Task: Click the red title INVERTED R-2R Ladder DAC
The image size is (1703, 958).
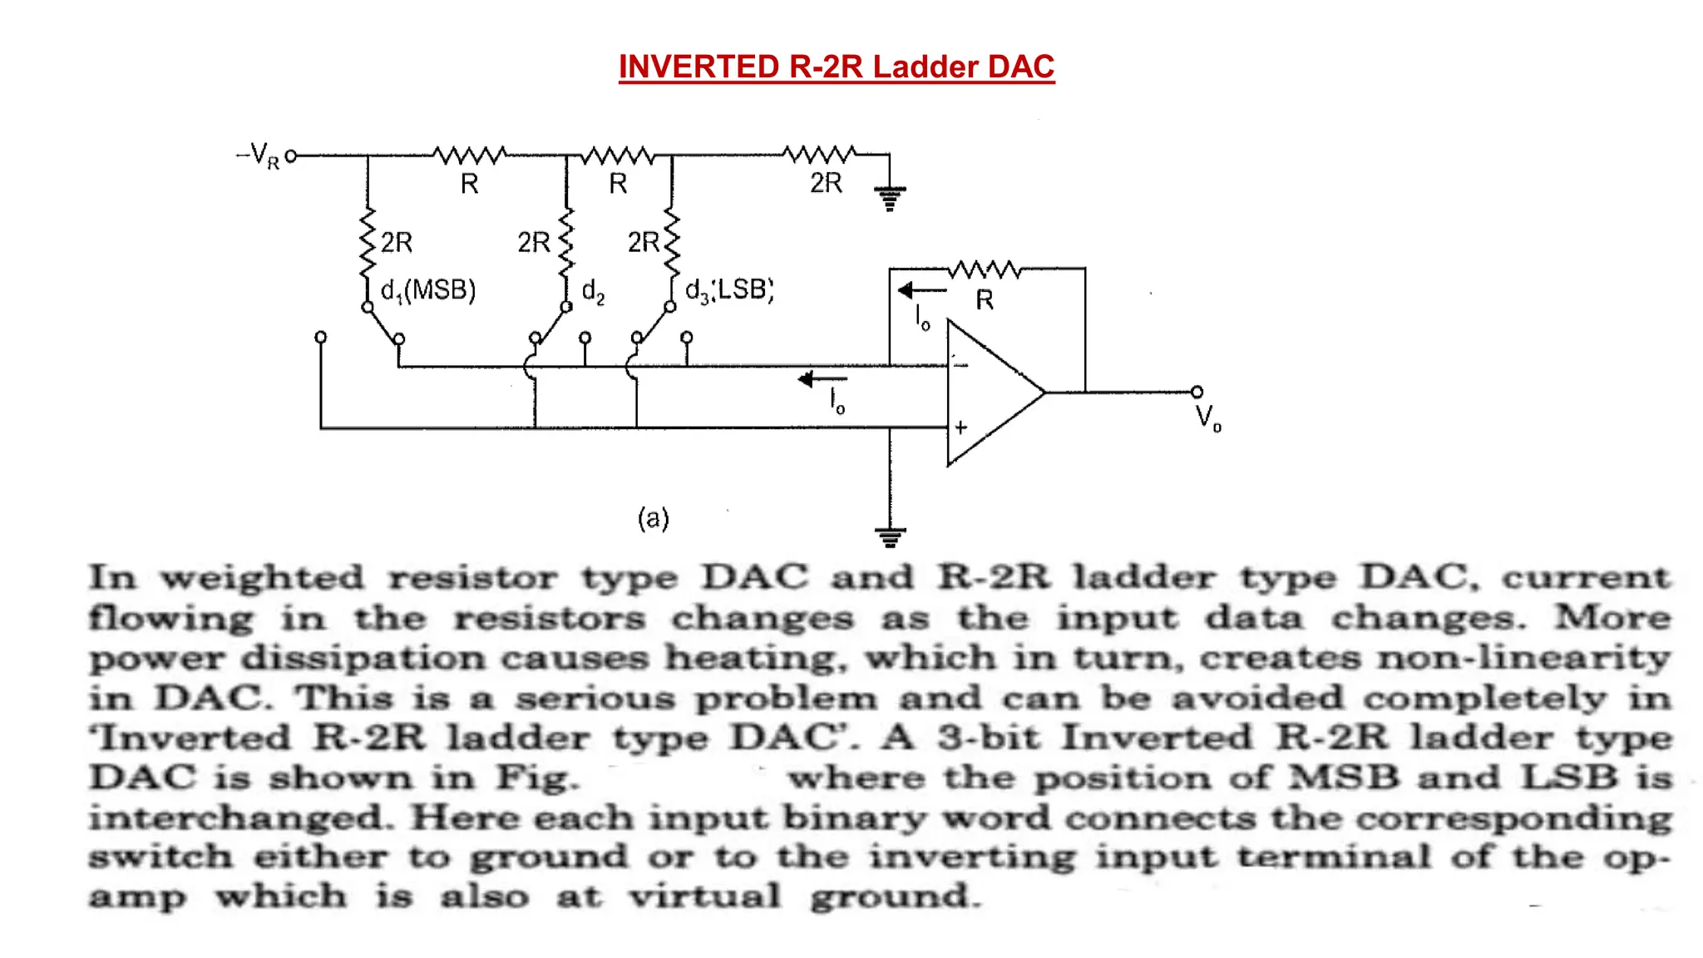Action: pos(837,67)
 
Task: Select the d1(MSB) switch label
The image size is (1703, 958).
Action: pos(428,290)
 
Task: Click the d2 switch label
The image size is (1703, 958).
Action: pos(593,291)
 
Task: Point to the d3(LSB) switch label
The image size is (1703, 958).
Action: pos(729,290)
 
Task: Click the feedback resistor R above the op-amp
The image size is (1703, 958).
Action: pos(985,269)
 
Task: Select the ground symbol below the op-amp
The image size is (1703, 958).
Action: pos(890,536)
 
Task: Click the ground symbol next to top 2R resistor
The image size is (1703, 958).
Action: pos(890,198)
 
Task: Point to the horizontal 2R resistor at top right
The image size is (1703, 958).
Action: pos(819,155)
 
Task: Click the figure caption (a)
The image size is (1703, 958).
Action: pos(653,518)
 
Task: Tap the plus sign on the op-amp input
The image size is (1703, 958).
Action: pos(961,427)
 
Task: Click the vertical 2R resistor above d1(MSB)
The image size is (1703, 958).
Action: pos(368,243)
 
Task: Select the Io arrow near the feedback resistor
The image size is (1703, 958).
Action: pos(921,291)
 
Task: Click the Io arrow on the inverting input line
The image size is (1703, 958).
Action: pos(822,380)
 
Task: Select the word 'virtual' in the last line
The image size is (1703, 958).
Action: pos(704,896)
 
